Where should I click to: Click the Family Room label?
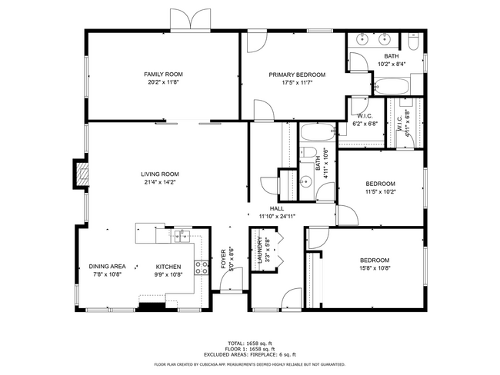162,75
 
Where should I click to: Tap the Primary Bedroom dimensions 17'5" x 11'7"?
296,82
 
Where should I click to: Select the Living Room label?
159,174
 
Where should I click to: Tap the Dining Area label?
107,267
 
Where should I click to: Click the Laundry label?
258,251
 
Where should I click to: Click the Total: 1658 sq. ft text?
249,343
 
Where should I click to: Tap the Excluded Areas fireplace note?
250,355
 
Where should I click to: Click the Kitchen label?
168,267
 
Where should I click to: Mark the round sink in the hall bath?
305,182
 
